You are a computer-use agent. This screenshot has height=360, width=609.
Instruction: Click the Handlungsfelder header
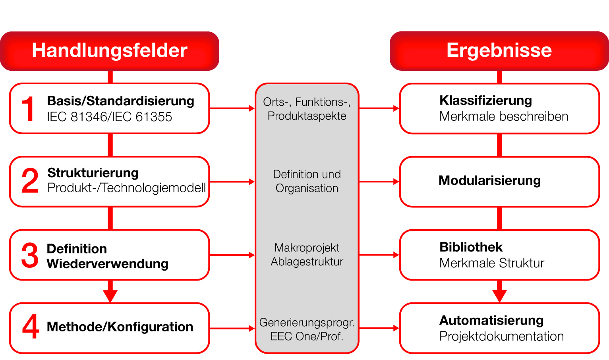[x=110, y=51]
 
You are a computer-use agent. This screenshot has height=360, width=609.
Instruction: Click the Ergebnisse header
[x=499, y=50]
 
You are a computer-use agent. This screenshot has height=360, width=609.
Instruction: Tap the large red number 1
[x=28, y=108]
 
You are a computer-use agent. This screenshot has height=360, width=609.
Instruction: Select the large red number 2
[x=30, y=181]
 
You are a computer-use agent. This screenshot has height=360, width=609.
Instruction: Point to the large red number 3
[x=30, y=255]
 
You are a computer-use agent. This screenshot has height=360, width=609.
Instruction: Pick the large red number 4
[x=31, y=327]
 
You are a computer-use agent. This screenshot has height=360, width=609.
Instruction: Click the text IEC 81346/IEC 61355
[x=109, y=117]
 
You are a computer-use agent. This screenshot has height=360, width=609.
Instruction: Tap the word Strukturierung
[x=93, y=173]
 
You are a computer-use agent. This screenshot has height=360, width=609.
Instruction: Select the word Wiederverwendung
[x=107, y=263]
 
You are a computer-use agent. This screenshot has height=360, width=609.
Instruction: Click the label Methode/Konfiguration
[x=120, y=327]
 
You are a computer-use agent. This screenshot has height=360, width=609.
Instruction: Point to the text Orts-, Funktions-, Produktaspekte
[x=307, y=109]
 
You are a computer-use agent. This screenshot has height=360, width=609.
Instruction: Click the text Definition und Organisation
[x=307, y=181]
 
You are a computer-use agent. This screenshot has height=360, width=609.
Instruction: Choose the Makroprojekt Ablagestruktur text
[x=307, y=255]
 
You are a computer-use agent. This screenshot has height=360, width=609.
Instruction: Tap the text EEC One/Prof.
[x=307, y=336]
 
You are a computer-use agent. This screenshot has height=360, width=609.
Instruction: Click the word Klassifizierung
[x=485, y=101]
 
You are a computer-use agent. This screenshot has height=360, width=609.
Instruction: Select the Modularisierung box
[x=499, y=181]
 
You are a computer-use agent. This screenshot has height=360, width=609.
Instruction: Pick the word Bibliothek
[x=471, y=247]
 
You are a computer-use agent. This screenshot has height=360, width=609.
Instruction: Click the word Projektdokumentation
[x=501, y=336]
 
